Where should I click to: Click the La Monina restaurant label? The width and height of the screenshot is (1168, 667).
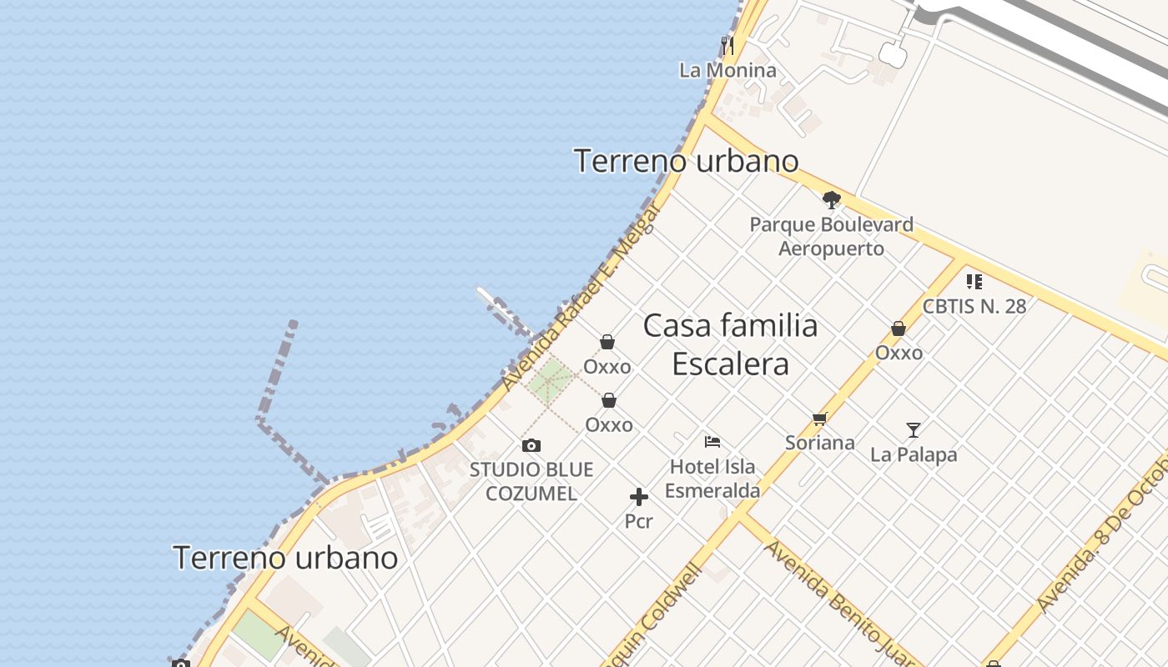pyautogui.click(x=727, y=70)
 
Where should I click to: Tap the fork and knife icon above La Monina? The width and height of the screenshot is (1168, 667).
pyautogui.click(x=727, y=45)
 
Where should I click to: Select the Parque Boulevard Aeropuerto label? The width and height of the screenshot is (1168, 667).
pyautogui.click(x=831, y=236)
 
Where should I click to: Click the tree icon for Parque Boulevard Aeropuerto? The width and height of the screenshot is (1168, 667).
pyautogui.click(x=831, y=199)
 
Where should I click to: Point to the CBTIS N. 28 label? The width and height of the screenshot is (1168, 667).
pyautogui.click(x=974, y=306)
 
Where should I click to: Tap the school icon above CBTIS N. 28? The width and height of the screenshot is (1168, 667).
pyautogui.click(x=974, y=282)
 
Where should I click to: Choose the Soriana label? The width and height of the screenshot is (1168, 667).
pyautogui.click(x=819, y=443)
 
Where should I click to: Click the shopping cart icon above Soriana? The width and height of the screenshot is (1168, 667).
pyautogui.click(x=819, y=419)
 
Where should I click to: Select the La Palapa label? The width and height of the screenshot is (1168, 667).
pyautogui.click(x=914, y=454)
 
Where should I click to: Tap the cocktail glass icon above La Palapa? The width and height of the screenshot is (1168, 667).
pyautogui.click(x=914, y=430)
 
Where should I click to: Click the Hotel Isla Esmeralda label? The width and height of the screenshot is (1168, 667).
pyautogui.click(x=712, y=479)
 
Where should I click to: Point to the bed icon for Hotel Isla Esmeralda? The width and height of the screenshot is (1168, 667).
pyautogui.click(x=712, y=442)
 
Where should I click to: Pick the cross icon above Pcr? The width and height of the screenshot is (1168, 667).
pyautogui.click(x=639, y=498)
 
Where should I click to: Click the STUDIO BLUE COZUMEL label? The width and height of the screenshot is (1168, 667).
pyautogui.click(x=531, y=481)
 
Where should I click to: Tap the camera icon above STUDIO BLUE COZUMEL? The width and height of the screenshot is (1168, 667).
pyautogui.click(x=531, y=446)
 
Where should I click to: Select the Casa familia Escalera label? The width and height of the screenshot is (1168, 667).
pyautogui.click(x=730, y=344)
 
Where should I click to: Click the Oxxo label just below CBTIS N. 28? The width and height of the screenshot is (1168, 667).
pyautogui.click(x=899, y=353)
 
